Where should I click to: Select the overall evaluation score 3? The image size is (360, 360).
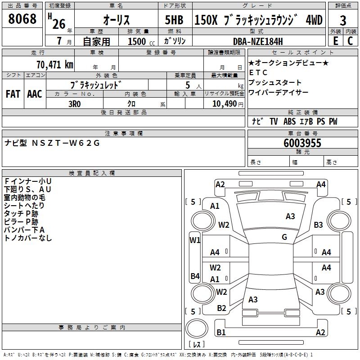(343, 21)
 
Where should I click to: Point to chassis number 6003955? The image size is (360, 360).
(302, 143)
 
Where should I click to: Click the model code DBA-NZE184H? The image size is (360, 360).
(258, 41)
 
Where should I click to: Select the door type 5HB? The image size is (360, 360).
(174, 20)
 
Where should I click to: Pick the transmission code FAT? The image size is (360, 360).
(13, 94)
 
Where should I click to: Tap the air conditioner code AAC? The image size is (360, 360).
(34, 94)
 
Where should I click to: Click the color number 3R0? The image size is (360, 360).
(75, 103)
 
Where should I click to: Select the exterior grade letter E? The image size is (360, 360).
(335, 41)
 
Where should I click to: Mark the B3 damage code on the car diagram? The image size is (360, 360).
(319, 225)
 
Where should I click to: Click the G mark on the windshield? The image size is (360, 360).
(284, 237)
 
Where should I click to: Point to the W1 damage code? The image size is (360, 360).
(194, 240)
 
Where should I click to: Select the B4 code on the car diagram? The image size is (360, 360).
(194, 276)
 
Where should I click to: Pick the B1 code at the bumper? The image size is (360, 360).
(221, 333)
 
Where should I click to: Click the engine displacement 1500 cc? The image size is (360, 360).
(137, 41)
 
